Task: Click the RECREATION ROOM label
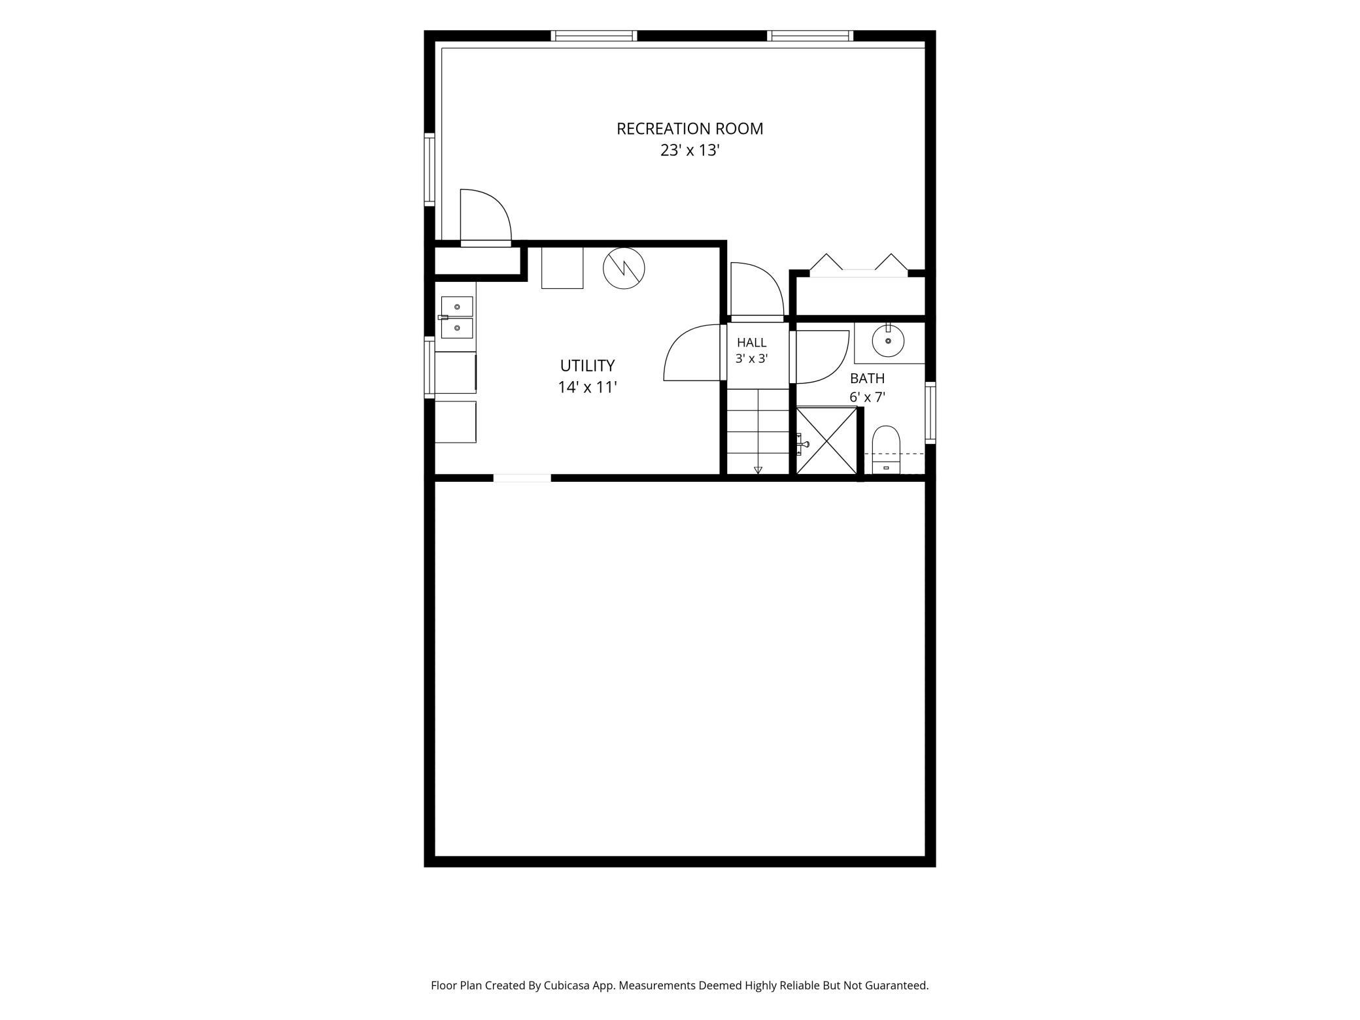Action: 690,129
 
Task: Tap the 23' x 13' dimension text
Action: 690,150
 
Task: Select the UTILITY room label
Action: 587,365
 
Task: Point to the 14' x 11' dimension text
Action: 587,387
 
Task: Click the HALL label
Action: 751,343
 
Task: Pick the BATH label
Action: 867,379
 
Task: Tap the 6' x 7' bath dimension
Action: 867,397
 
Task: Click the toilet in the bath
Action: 886,450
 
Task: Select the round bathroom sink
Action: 888,341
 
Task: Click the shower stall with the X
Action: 826,440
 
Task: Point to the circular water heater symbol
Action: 624,268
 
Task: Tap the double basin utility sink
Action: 456,317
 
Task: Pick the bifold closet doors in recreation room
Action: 858,263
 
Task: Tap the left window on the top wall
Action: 594,36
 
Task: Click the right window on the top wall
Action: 810,36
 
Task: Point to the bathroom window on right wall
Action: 930,413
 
